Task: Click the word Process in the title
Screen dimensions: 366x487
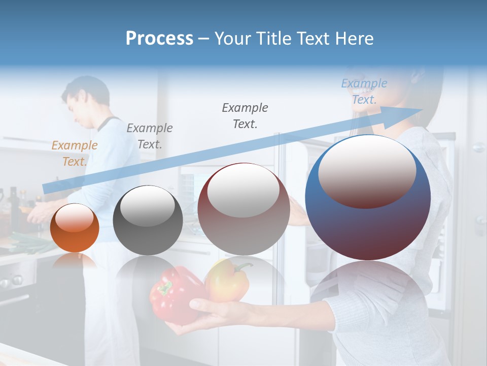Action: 159,39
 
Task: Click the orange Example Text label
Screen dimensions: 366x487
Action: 74,153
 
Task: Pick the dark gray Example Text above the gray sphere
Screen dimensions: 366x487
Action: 149,136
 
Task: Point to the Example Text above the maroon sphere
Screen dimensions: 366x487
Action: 245,115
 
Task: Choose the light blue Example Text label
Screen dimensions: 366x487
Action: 364,91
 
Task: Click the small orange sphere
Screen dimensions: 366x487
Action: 75,228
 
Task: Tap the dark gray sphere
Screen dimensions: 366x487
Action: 148,220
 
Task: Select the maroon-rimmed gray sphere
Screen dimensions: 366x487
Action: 243,209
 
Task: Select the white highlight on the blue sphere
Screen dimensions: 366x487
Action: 367,170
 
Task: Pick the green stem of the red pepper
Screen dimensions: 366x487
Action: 164,288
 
